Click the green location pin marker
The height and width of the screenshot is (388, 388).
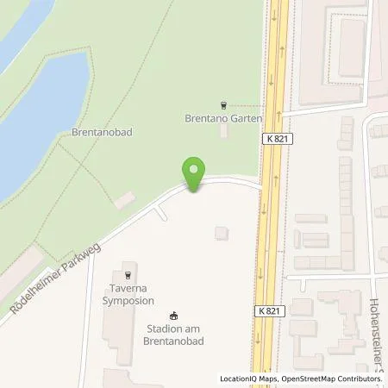[x=196, y=173]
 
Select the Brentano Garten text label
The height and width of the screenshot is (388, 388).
[x=223, y=119]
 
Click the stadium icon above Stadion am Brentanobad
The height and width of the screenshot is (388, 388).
[x=174, y=316]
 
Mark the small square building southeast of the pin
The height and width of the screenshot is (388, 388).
[x=222, y=233]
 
